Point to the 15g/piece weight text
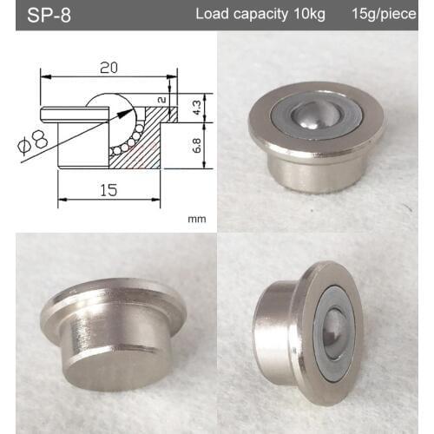coord(384,15)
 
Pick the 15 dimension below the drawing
coord(108,188)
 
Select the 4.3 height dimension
coord(197,107)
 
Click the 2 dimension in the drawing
coord(162,101)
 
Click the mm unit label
coord(196,220)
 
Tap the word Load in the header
coord(211,15)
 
